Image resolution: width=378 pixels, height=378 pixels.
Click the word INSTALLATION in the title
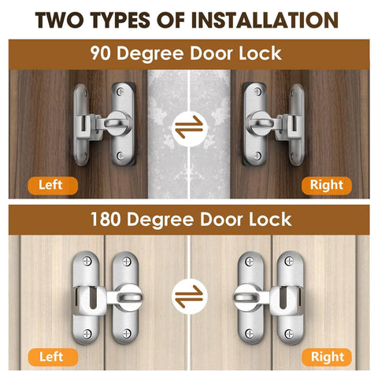tap(265, 20)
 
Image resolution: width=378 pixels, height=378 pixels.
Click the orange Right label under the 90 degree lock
tap(325, 185)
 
